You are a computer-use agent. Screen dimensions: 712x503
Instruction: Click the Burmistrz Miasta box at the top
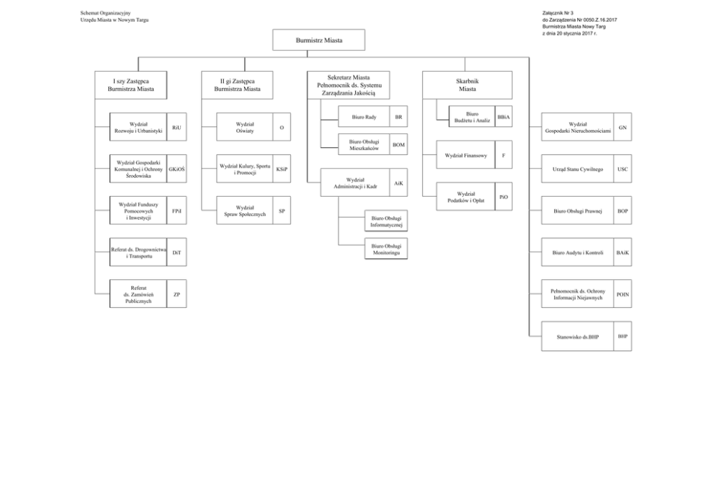[319, 40]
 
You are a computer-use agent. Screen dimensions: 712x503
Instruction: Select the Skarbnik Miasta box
[467, 85]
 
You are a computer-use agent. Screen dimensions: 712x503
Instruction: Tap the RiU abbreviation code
[177, 127]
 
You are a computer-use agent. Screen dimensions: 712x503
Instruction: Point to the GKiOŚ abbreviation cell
[177, 169]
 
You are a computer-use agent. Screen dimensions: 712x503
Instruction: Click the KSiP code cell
[282, 169]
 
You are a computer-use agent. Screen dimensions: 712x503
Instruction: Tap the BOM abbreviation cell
[398, 144]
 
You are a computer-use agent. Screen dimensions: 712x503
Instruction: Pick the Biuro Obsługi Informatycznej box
[386, 221]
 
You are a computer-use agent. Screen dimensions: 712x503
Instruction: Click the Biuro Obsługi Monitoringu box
[386, 249]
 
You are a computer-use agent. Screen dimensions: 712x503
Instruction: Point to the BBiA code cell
[504, 117]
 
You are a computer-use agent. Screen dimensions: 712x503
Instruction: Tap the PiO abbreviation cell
[504, 197]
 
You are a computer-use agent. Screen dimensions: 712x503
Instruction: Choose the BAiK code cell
[622, 253]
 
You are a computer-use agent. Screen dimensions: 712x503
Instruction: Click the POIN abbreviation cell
[622, 294]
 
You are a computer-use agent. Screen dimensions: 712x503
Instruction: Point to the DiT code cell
[177, 253]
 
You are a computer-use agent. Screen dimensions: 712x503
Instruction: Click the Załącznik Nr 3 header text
[558, 13]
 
